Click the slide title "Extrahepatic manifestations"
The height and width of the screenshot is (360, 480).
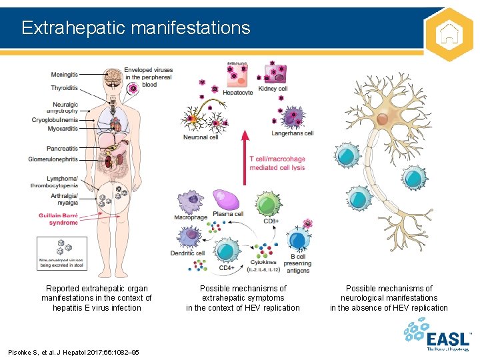(135, 27)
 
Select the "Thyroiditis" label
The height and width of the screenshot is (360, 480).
(63, 87)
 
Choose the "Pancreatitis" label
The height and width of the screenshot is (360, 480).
(62, 148)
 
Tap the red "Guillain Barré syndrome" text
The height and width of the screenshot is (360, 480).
(57, 219)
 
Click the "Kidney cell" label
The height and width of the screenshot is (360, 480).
(273, 89)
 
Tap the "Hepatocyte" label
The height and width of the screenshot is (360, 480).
(237, 93)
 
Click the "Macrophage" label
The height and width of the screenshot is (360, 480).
(191, 217)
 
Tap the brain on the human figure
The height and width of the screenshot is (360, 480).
(114, 75)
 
